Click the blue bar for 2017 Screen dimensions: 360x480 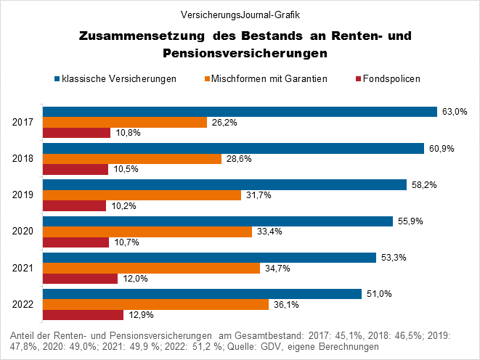(240, 112)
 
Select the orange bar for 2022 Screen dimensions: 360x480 (156, 304)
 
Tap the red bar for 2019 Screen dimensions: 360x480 (75, 206)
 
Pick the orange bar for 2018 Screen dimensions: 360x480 (133, 159)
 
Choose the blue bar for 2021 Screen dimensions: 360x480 (210, 258)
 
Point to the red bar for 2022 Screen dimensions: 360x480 (84, 315)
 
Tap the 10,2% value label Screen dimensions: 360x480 (123, 206)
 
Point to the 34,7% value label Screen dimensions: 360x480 (276, 269)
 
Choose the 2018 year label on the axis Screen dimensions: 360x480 (25, 159)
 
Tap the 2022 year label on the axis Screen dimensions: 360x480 (25, 305)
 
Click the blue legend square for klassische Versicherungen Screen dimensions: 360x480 (57, 78)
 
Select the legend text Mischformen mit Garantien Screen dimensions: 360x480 (269, 78)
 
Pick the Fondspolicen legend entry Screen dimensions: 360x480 (391, 78)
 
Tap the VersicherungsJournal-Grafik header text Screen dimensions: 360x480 (240, 14)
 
